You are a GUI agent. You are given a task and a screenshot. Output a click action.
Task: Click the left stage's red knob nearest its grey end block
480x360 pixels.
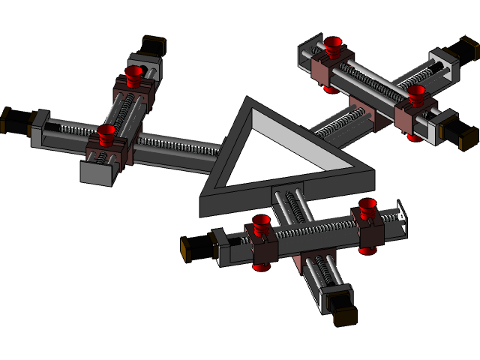[x=106, y=134]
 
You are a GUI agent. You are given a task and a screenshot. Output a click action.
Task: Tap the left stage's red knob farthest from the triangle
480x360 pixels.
[x=133, y=73]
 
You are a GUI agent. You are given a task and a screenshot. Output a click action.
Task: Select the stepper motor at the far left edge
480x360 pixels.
[x=13, y=120]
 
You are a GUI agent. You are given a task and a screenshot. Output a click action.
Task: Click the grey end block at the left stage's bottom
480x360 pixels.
[x=96, y=172]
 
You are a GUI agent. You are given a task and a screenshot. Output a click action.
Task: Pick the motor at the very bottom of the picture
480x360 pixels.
[x=344, y=314]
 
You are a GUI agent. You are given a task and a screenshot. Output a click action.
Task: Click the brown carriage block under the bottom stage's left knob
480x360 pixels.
[x=264, y=251]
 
